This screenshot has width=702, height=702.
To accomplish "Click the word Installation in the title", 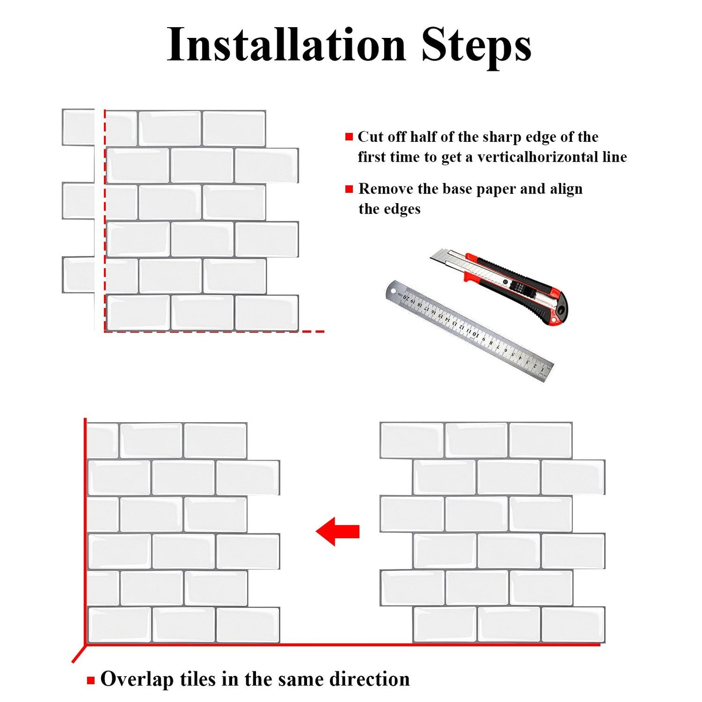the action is tap(286, 44).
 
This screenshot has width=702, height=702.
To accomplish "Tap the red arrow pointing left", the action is tap(337, 531).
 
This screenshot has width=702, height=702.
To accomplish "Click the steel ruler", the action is tap(469, 331).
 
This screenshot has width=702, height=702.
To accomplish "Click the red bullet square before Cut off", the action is tap(349, 137).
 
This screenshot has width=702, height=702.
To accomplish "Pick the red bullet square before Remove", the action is tap(349, 189).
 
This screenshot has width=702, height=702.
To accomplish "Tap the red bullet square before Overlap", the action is tap(91, 680).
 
